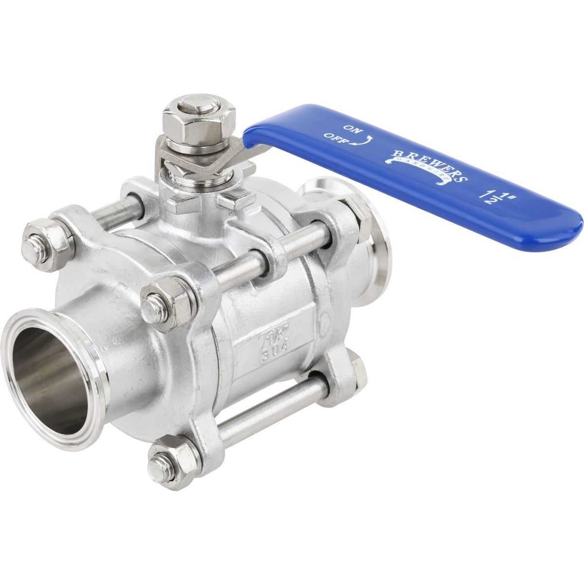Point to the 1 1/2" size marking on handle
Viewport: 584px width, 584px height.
[492, 196]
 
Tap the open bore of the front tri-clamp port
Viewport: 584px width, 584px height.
[51, 380]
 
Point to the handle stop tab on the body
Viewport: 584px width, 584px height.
[237, 199]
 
